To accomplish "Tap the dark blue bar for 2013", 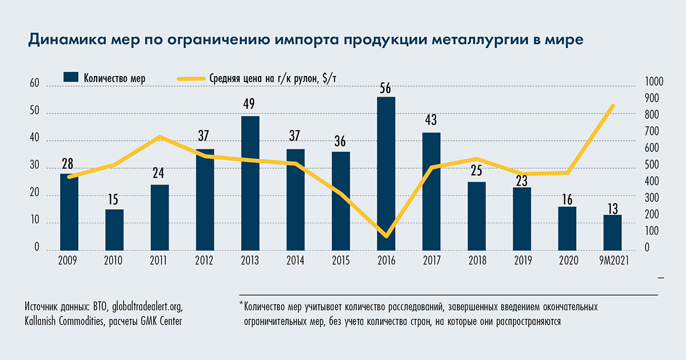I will pyautogui.click(x=250, y=183).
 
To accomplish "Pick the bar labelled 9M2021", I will pyautogui.click(x=612, y=233).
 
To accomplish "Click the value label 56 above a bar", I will pyautogui.click(x=386, y=89).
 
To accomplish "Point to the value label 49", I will pyautogui.click(x=250, y=105).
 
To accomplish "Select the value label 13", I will pyautogui.click(x=612, y=207).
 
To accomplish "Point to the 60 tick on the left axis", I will pyautogui.click(x=34, y=85).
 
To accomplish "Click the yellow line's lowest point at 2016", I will pyautogui.click(x=386, y=235).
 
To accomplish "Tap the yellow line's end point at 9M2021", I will pyautogui.click(x=612, y=106).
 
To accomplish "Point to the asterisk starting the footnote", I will pyautogui.click(x=241, y=305).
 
